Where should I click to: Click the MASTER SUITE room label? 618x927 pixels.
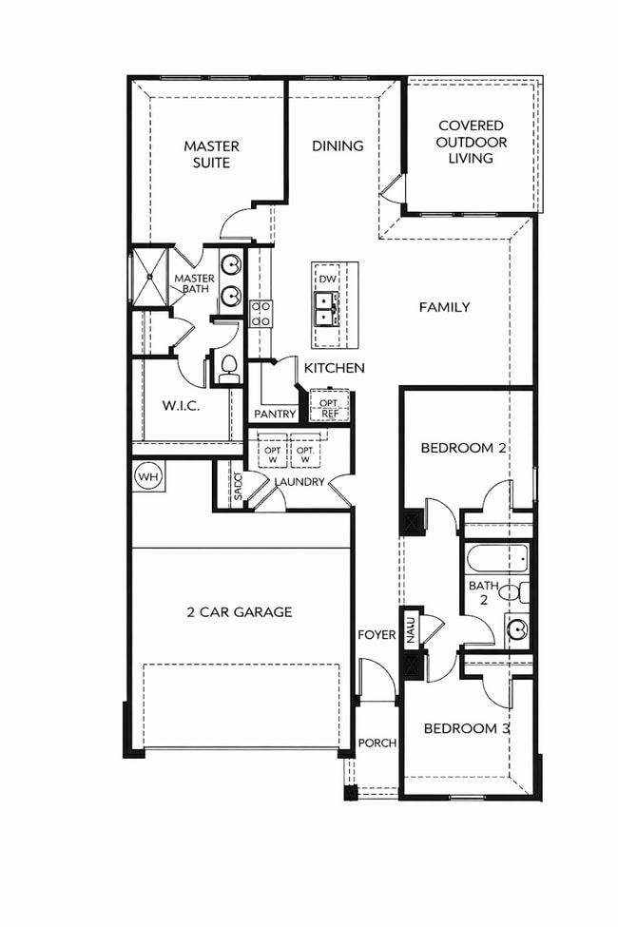coord(211,154)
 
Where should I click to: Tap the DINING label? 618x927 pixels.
coord(338,145)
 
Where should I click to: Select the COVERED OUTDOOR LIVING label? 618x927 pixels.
coord(471,142)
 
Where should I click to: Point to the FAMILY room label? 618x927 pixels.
coord(444,307)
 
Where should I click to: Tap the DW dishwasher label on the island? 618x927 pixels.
coord(327,279)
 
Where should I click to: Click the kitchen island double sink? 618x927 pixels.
coord(327,307)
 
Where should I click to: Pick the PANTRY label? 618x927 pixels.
coord(275,414)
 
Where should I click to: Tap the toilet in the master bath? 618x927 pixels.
coord(228,367)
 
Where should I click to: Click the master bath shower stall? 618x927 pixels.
coord(148,276)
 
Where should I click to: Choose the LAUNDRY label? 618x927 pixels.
coord(299,482)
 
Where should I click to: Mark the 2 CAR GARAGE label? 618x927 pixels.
coord(239,611)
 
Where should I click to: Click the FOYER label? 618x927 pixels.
coord(377,634)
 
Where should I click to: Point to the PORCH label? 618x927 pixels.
coord(377,743)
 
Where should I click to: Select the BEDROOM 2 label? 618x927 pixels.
coord(463,447)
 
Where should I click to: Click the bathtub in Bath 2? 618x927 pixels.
coord(495,558)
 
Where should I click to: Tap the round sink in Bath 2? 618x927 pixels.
coord(516,629)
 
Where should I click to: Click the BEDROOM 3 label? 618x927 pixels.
coord(467,728)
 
